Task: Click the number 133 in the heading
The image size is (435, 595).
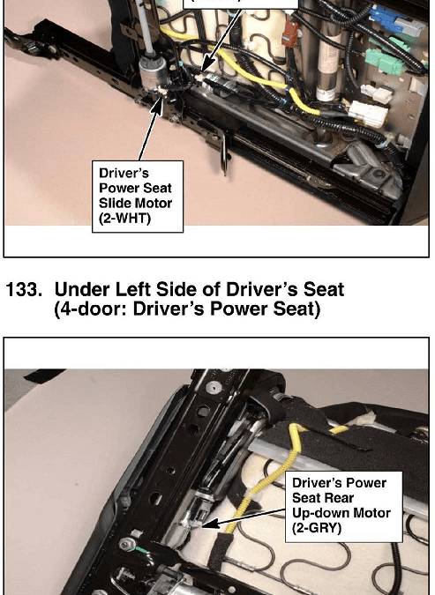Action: [x=24, y=289]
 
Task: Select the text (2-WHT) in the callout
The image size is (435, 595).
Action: [x=124, y=219]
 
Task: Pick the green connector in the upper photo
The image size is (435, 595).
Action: [x=385, y=61]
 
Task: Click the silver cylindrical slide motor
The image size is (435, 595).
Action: [x=154, y=74]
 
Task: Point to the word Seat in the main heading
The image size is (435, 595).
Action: [x=323, y=289]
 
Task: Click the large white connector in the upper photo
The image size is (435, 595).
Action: [x=368, y=113]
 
